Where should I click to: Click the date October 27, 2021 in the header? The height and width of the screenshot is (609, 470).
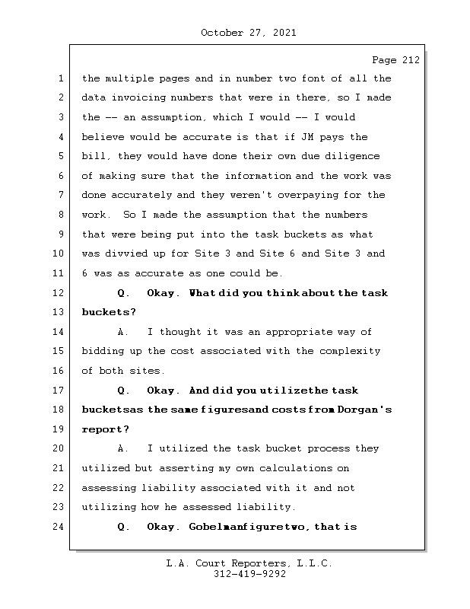[x=248, y=33]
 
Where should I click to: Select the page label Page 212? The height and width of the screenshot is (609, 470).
[x=395, y=60]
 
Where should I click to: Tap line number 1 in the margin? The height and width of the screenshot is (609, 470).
[x=59, y=78]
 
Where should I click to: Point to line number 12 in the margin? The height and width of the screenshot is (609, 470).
[x=59, y=293]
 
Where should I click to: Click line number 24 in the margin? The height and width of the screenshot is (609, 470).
[x=59, y=527]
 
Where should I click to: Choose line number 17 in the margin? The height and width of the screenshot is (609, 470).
[x=59, y=391]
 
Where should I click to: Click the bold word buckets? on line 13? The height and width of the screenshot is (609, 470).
[x=109, y=312]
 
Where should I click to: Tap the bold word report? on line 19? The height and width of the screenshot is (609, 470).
[x=106, y=429]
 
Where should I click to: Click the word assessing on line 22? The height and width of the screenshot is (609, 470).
[x=109, y=488]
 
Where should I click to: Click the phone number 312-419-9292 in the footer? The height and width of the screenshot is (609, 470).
[x=249, y=575]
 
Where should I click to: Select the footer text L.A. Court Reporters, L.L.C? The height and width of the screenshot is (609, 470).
[x=249, y=563]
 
